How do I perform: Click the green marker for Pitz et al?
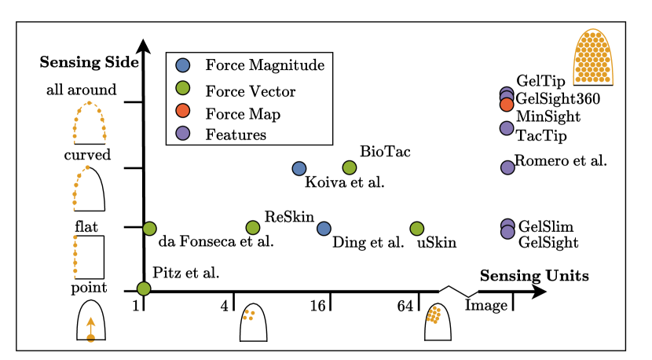pos(143,288)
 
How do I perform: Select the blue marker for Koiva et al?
pos(299,168)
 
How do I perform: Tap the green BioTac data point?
pos(350,167)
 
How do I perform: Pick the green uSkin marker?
pos(417,228)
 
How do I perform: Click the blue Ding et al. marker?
pos(324,228)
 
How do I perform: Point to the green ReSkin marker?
pos(252,228)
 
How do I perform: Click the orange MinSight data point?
pos(507,104)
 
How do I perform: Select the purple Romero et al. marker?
pos(507,167)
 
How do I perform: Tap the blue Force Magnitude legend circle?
pos(183,65)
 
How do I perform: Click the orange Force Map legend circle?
pos(183,114)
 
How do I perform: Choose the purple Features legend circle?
pos(183,134)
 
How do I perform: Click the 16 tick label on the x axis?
pos(317,304)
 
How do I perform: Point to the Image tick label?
pos(481,305)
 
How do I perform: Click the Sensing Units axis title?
pos(534,276)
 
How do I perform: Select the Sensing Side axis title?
pos(90,62)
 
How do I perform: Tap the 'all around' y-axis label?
pos(82,90)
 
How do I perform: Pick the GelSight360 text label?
pos(558,98)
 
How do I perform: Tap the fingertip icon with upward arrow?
pos(91,321)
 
